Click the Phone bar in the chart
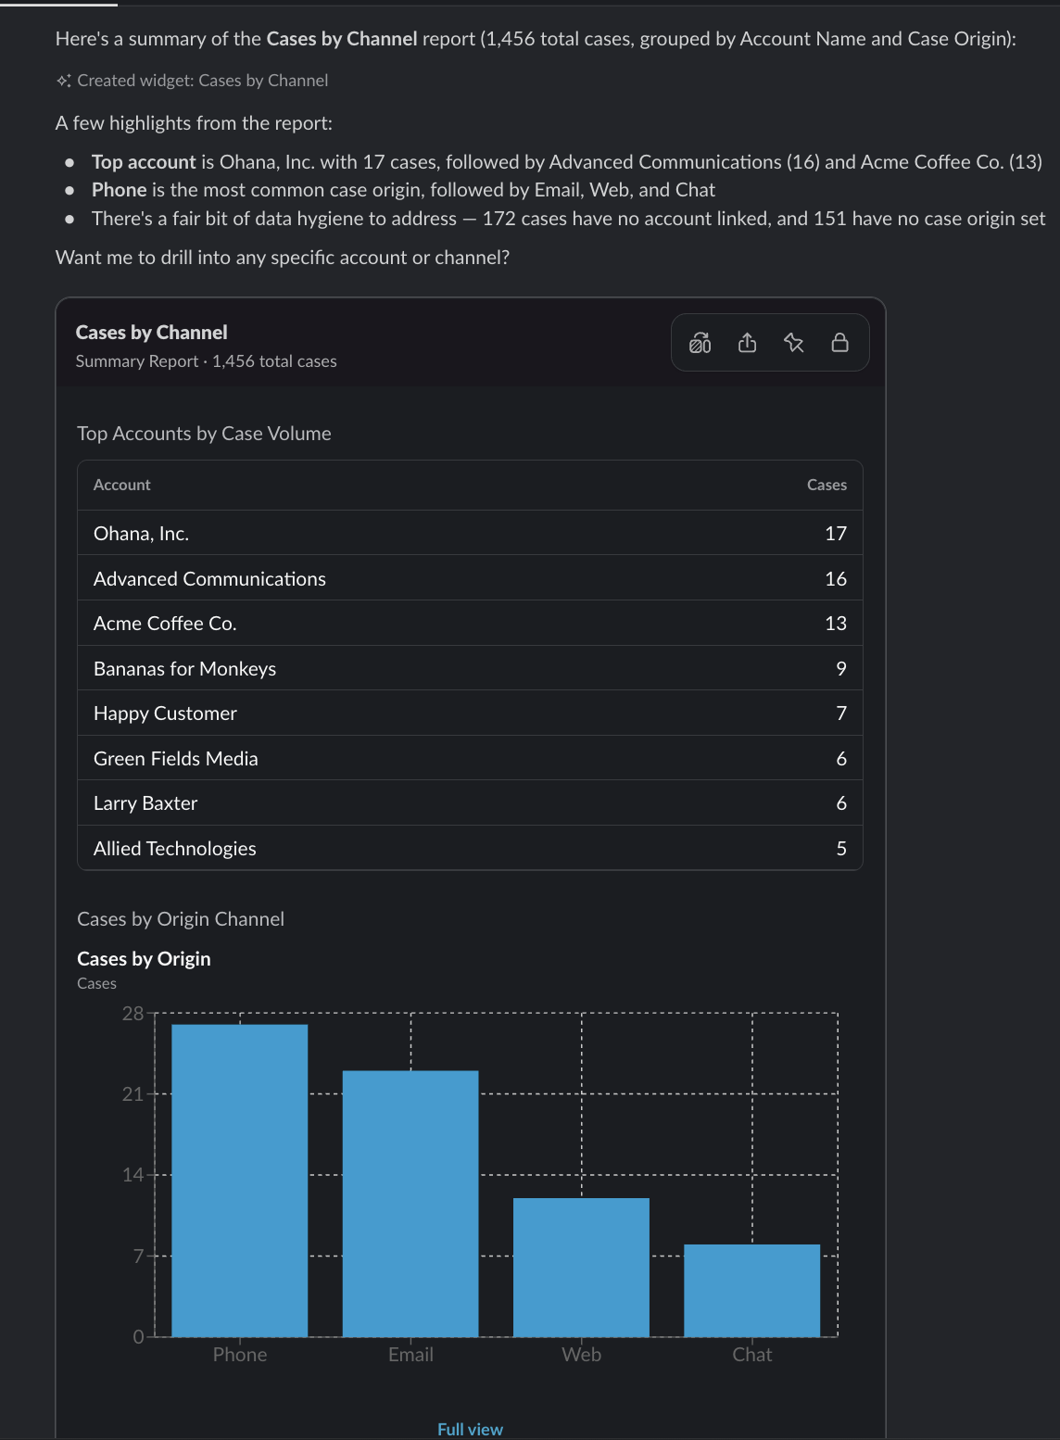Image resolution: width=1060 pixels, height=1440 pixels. pos(239,1181)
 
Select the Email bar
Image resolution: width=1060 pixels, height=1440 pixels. pos(410,1204)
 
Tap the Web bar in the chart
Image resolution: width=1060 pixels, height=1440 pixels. pos(581,1267)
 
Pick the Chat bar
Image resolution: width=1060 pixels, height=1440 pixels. pos(752,1290)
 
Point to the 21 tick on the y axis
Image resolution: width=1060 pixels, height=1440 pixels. pos(133,1093)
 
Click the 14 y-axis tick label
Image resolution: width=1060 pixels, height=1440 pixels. pos(133,1174)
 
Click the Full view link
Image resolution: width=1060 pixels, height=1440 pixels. pos(470,1429)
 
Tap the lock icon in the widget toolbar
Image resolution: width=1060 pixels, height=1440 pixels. pos(839,342)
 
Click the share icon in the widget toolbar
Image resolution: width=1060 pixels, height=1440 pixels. pos(747,342)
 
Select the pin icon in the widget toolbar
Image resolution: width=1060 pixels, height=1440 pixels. pos(793,342)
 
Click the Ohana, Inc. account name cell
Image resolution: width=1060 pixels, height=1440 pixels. pos(142,533)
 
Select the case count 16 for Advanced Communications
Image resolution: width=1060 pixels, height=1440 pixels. pos(836,578)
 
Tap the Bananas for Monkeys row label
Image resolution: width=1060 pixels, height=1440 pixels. pos(184,668)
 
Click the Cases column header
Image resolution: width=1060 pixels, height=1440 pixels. pos(827,484)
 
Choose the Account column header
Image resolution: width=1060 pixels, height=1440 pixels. pos(121,484)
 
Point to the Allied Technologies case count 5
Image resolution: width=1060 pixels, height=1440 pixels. pos(841,848)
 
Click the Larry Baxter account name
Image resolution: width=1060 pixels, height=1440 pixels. pos(145,802)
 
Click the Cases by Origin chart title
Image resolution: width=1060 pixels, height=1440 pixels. pos(144,958)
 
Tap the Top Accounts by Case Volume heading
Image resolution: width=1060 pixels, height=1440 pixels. pos(204,433)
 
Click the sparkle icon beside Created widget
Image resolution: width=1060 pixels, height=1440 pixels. pos(63,81)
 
